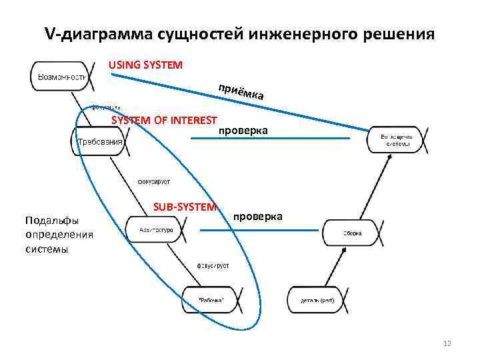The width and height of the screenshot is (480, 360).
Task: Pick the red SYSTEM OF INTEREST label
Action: click(164, 121)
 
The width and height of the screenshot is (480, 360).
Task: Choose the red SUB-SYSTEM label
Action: click(185, 207)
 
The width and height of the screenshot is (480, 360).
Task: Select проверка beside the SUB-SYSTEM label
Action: click(258, 217)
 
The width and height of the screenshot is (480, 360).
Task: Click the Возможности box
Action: click(61, 76)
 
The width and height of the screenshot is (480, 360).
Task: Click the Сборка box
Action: click(353, 233)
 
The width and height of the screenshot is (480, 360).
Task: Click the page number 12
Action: click(447, 343)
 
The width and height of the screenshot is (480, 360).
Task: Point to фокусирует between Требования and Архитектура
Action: click(154, 181)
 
